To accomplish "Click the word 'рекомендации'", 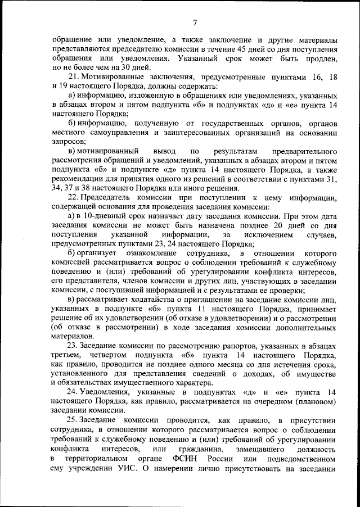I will (x=77, y=179).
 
